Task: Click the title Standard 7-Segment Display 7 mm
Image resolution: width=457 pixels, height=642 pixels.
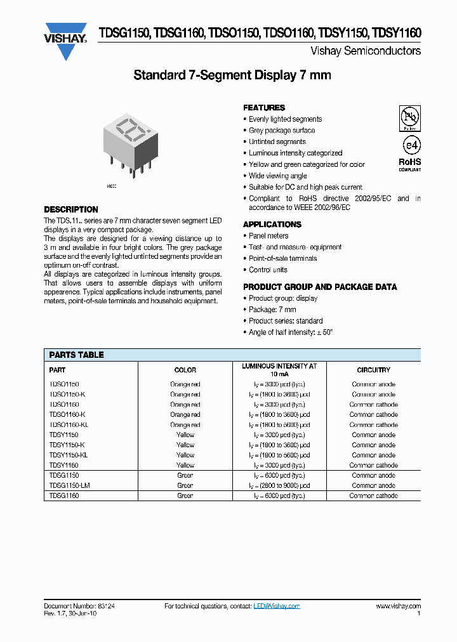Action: click(x=232, y=75)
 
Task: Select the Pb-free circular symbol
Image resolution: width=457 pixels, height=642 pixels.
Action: click(x=409, y=117)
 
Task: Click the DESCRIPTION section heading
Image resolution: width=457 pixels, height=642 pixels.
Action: click(x=71, y=209)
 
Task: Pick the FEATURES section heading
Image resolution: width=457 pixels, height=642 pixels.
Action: click(x=264, y=108)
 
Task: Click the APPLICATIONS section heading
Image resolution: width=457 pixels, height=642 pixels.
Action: click(x=272, y=225)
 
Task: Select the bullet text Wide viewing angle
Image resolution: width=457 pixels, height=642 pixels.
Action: click(x=278, y=176)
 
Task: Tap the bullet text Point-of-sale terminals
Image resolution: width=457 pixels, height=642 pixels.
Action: click(x=282, y=259)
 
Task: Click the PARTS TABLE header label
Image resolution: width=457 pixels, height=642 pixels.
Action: click(x=76, y=355)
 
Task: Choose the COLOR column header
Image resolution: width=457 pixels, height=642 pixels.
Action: click(x=185, y=370)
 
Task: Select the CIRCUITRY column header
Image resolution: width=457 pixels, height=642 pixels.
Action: click(x=374, y=370)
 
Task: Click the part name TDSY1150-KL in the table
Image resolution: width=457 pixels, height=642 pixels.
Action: click(x=69, y=455)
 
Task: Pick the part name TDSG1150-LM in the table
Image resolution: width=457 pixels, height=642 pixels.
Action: click(x=69, y=486)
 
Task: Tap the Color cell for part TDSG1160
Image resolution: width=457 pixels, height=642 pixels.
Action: click(x=185, y=496)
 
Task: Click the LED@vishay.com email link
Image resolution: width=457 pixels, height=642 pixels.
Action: click(x=276, y=606)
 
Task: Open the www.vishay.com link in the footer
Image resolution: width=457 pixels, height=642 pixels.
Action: click(x=398, y=606)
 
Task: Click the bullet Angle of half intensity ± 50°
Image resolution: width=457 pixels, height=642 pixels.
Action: click(x=291, y=332)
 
